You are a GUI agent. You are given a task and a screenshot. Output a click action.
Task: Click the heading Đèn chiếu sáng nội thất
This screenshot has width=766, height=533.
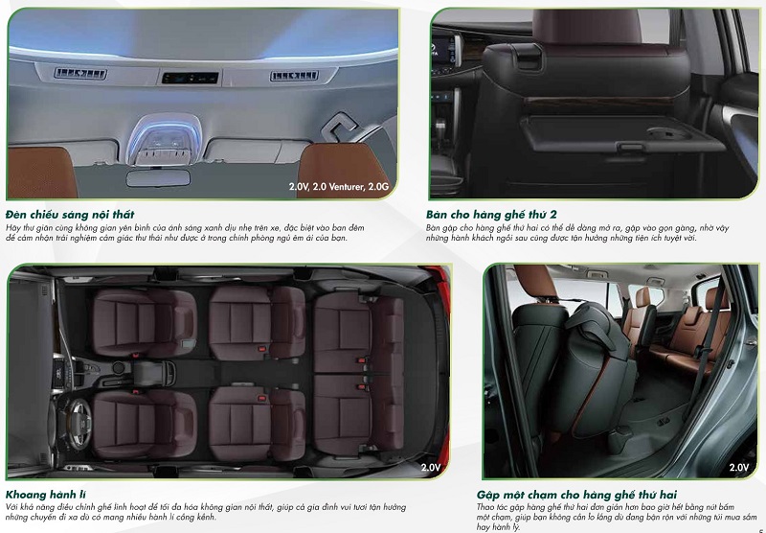(70, 214)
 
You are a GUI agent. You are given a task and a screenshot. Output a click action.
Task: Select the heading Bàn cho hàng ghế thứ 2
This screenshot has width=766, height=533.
(490, 214)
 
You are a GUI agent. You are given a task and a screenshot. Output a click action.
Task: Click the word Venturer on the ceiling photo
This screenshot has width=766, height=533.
(337, 186)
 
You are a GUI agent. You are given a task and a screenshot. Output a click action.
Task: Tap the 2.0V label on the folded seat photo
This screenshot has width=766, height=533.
(738, 468)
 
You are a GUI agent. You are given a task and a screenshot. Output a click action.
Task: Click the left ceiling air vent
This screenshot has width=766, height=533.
(80, 74)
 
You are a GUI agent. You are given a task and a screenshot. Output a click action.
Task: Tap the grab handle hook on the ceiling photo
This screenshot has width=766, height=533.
(339, 127)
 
